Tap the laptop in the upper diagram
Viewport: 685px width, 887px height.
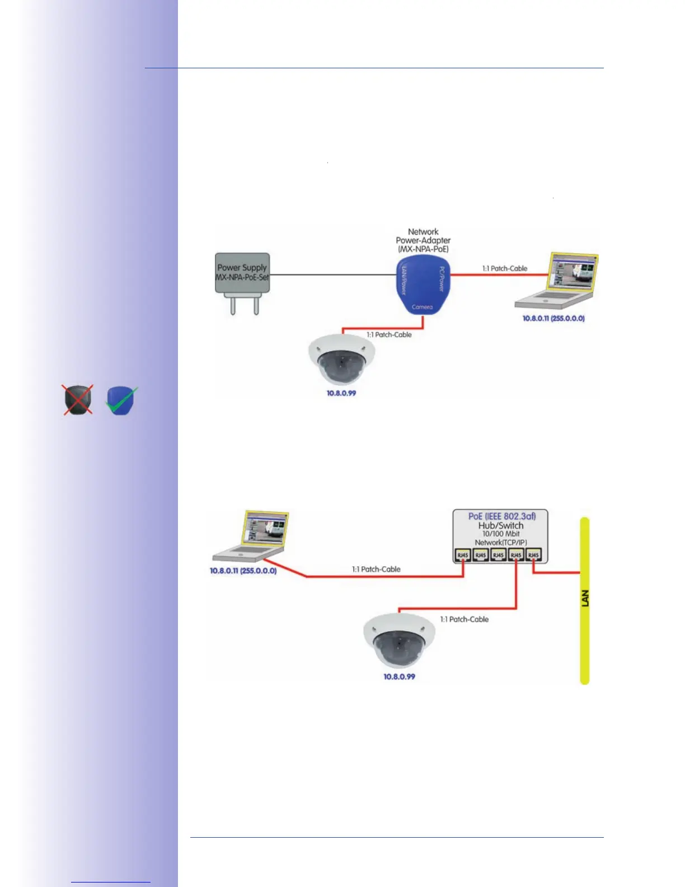(557, 282)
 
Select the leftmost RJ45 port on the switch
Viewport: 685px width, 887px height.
(463, 555)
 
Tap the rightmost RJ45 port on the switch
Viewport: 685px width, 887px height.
(534, 555)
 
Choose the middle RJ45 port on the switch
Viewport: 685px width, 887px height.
(498, 555)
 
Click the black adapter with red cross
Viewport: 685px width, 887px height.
(78, 400)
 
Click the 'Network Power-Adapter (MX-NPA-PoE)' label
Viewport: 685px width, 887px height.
(423, 240)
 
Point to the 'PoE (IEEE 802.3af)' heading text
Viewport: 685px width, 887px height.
(501, 516)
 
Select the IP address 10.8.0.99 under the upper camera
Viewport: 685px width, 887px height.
(341, 393)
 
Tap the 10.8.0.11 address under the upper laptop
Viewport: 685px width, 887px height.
(553, 318)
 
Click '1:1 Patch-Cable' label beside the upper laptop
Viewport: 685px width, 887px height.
(505, 268)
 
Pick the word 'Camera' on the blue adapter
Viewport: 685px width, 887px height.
(422, 307)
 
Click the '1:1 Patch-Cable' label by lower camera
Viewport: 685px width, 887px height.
(465, 619)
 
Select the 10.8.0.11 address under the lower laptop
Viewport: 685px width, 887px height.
(243, 571)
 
